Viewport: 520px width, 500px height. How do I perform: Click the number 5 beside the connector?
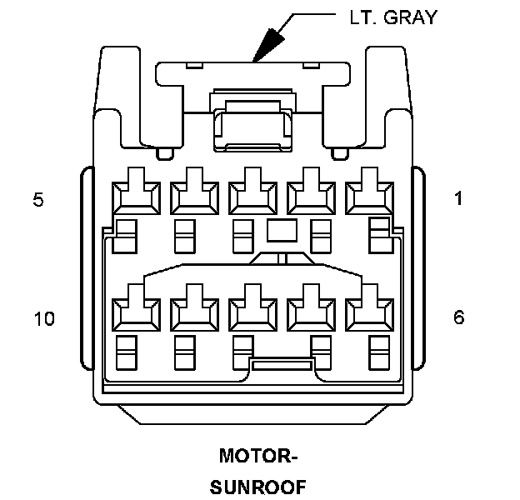point(38,200)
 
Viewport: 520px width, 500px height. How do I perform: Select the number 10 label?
point(44,318)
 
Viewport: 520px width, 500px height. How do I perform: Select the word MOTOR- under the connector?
point(258,457)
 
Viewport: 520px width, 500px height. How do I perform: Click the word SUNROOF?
point(258,486)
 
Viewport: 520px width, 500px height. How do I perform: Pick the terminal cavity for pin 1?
point(368,195)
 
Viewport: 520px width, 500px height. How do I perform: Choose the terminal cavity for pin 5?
point(134,195)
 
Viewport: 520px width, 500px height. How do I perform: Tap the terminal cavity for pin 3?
point(252,195)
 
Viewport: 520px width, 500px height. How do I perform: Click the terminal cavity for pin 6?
point(368,312)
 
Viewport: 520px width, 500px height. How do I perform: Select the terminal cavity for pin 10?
point(134,312)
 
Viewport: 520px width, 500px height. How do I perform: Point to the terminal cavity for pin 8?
point(252,312)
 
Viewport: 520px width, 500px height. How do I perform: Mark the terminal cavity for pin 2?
point(310,195)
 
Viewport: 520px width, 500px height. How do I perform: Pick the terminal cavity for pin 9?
point(193,312)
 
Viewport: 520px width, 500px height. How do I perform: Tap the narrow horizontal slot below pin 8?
point(282,365)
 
